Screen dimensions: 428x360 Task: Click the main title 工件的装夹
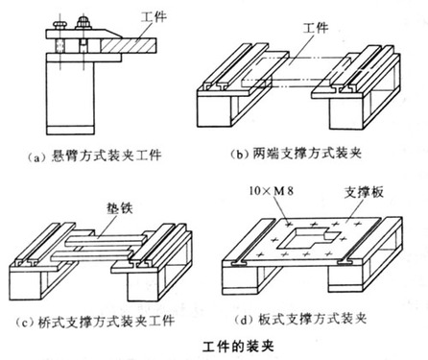click(x=238, y=347)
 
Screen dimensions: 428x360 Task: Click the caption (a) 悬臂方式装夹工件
click(x=94, y=156)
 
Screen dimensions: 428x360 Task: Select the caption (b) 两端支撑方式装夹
click(x=296, y=154)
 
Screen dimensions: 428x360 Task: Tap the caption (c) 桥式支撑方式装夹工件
click(x=95, y=321)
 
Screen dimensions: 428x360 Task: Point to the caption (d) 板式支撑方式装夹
click(x=300, y=319)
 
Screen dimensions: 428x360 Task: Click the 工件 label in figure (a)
click(x=154, y=16)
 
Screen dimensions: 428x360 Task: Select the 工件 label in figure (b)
click(x=316, y=28)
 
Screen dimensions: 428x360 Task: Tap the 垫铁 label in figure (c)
click(x=119, y=208)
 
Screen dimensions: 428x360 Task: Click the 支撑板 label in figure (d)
click(x=364, y=192)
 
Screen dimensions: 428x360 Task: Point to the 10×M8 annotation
click(x=272, y=191)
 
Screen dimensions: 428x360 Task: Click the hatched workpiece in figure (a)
click(x=129, y=45)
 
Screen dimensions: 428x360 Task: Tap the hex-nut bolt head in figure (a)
click(x=83, y=23)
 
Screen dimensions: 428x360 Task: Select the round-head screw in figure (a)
click(x=60, y=25)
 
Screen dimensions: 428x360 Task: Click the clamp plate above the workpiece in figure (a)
click(x=83, y=34)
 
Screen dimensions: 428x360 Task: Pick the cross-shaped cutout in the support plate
click(x=307, y=239)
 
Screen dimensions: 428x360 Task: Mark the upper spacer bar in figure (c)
click(x=107, y=240)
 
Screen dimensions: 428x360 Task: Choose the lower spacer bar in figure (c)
click(x=92, y=254)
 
